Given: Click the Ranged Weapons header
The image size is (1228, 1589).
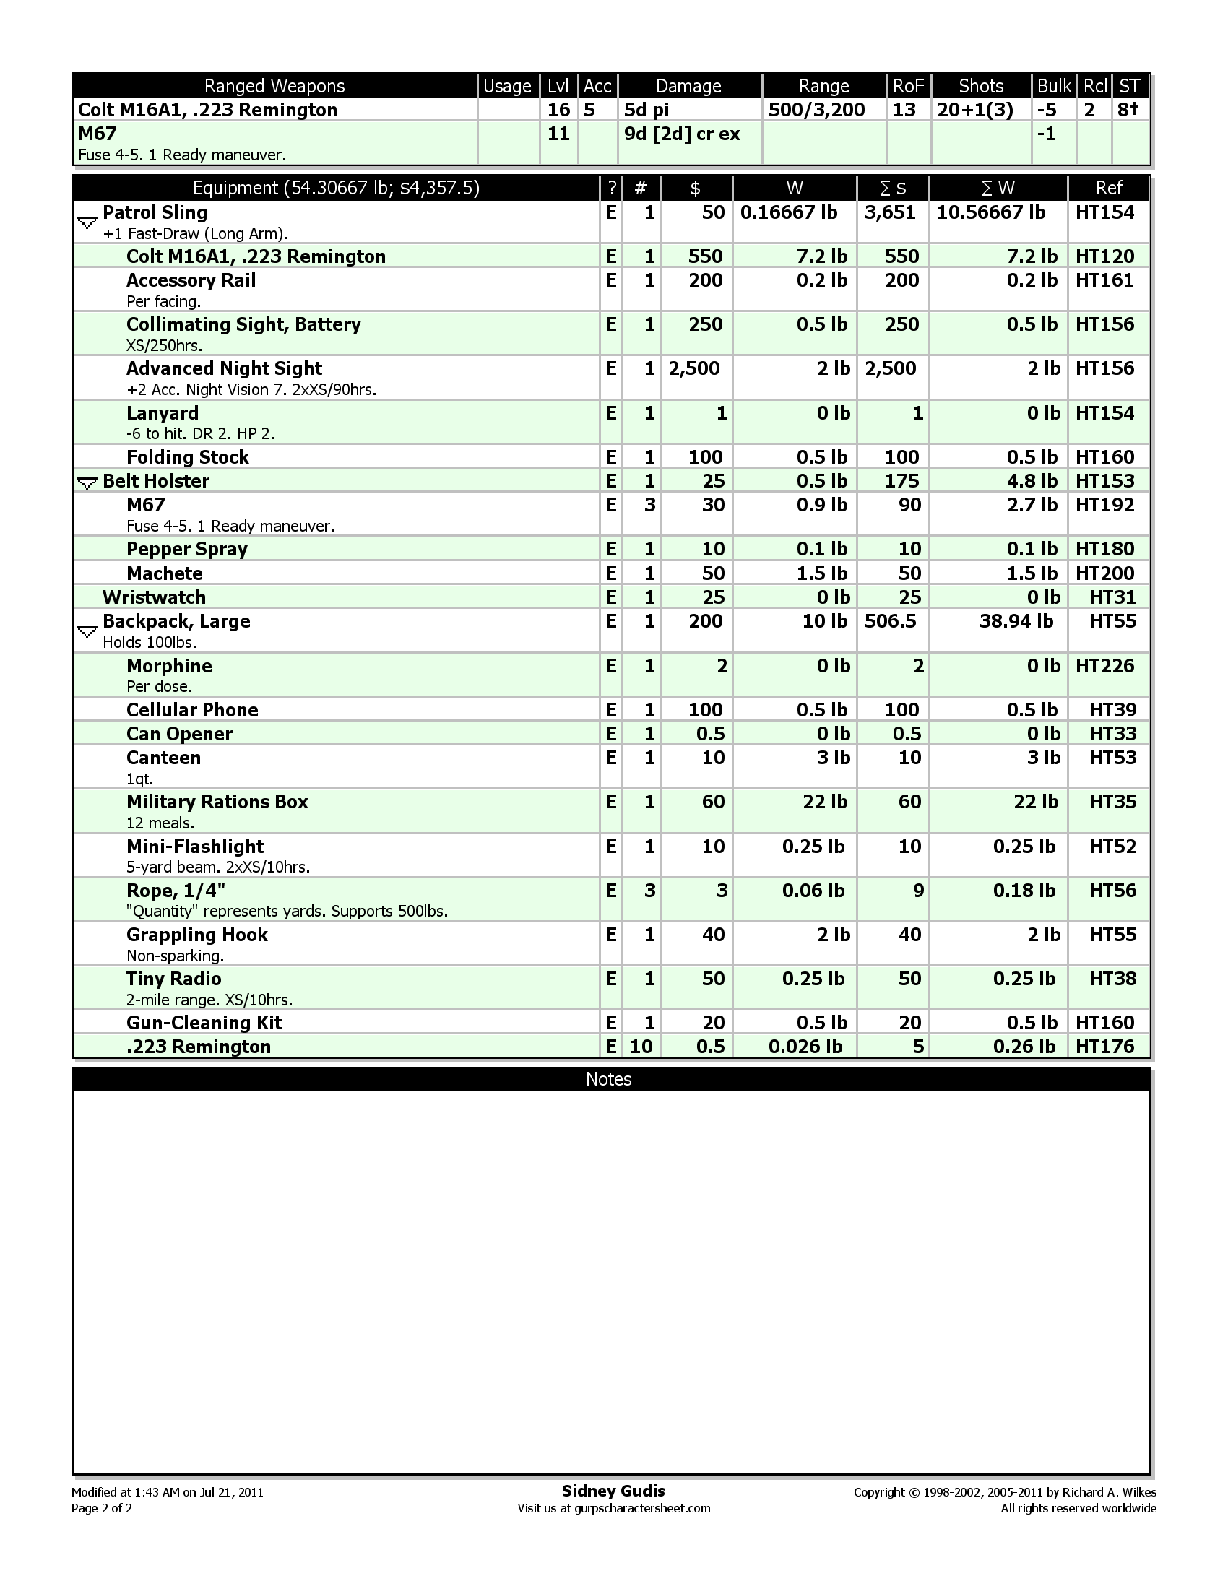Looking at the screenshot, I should click(x=274, y=86).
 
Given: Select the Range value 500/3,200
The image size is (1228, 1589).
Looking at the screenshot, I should click(x=816, y=110).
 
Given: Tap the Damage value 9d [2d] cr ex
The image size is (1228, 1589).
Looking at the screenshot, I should click(x=683, y=134).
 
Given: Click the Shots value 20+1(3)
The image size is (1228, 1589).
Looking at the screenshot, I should click(x=975, y=110).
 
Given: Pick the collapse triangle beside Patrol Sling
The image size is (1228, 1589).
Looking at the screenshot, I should click(x=87, y=222).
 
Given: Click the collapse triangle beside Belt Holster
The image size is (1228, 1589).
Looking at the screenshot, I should click(x=87, y=482).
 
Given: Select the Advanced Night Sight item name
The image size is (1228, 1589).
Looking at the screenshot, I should click(x=224, y=368).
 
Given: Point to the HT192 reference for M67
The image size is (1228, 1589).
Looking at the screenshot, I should click(x=1104, y=505).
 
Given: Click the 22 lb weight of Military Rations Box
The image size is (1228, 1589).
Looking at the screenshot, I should click(x=825, y=802).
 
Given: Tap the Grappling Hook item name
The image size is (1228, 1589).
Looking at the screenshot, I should click(x=197, y=935).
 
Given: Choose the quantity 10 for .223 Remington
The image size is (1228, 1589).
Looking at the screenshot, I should click(x=641, y=1047).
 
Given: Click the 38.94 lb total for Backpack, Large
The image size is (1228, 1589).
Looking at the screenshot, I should click(x=1016, y=621).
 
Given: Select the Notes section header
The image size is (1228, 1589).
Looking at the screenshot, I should click(x=609, y=1079).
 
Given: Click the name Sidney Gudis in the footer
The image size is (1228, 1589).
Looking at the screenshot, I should click(x=613, y=1491).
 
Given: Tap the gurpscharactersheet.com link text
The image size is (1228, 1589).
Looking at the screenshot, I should click(x=641, y=1508).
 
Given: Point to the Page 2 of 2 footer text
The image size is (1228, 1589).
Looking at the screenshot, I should click(x=102, y=1508).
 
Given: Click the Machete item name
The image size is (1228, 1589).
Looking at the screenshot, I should click(x=165, y=573).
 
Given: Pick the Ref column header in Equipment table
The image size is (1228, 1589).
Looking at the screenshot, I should click(x=1108, y=189).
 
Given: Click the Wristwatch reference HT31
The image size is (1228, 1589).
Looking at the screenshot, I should click(x=1112, y=597).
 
